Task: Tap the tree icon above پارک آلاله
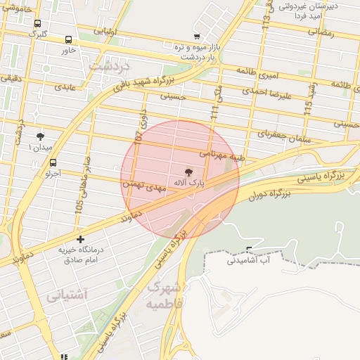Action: tap(188, 172)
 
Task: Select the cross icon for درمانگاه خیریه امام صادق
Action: tap(80, 240)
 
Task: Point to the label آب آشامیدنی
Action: tap(247, 259)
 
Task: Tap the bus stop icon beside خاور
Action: tap(68, 40)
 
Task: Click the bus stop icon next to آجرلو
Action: tap(53, 162)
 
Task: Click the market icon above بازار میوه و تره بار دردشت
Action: tap(195, 37)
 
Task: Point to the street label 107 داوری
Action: tap(141, 128)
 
